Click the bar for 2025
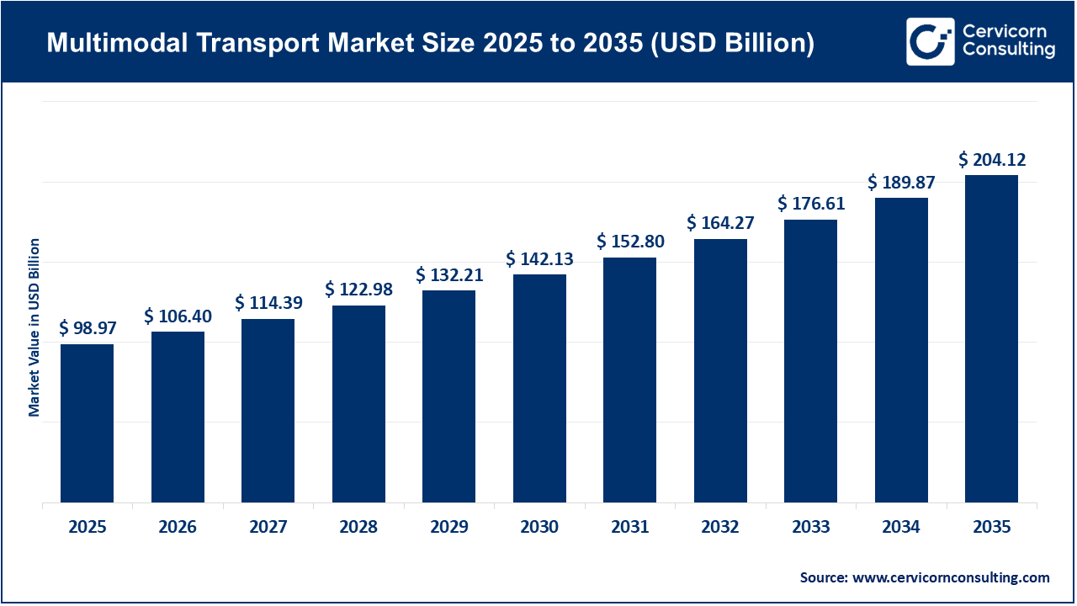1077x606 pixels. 87,423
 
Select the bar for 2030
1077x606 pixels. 539,389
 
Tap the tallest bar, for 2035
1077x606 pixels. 991,339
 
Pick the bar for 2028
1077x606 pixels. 358,404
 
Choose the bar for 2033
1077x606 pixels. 810,361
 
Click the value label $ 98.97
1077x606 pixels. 87,328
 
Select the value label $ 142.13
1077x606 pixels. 539,259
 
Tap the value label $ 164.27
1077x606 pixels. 720,223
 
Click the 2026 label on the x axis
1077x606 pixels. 178,528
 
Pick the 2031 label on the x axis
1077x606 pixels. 629,528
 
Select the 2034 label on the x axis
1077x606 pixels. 901,528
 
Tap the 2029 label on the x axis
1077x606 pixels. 448,528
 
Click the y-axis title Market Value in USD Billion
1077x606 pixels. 34,327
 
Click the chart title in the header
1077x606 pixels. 430,43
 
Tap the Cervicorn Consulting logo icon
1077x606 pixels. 930,41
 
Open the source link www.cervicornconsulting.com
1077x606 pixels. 951,577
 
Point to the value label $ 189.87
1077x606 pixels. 901,182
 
